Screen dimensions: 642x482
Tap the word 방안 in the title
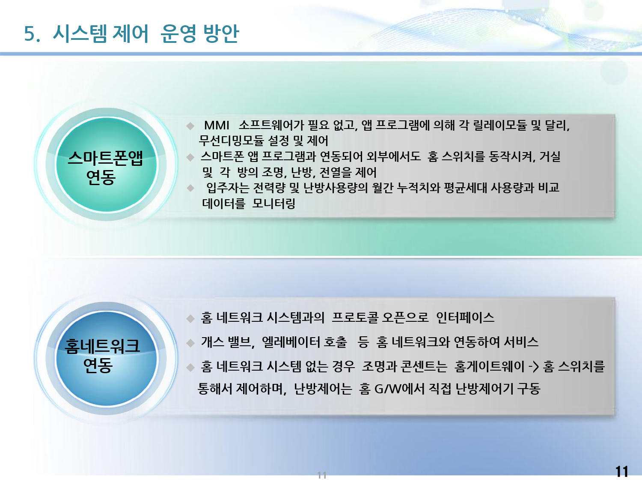coord(221,33)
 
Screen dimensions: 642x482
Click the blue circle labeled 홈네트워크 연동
coord(106,358)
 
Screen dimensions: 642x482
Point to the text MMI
coord(217,126)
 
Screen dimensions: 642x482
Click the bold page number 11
coord(621,471)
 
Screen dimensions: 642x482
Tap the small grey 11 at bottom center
coord(322,475)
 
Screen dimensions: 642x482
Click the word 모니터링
coord(274,203)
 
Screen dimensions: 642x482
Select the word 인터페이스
coord(465,317)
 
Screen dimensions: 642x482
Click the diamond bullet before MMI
coord(190,126)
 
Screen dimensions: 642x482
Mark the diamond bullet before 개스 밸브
coord(190,343)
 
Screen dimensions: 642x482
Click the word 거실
coord(550,156)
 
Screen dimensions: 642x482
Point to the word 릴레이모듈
coord(500,125)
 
